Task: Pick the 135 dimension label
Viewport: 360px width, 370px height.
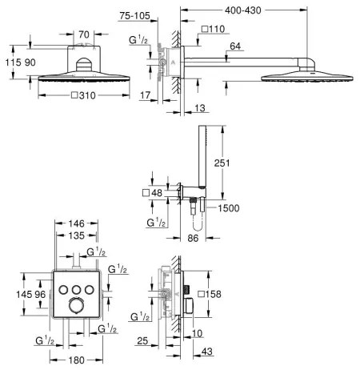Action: tap(76, 237)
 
